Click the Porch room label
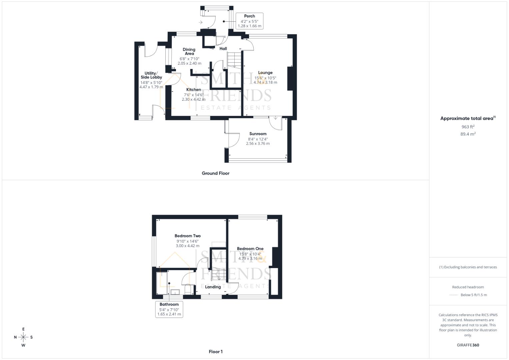click(249, 16)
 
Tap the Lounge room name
click(265, 73)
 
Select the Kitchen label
click(194, 90)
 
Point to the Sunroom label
click(258, 134)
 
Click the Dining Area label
click(189, 51)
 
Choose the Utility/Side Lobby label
click(151, 75)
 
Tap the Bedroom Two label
click(188, 236)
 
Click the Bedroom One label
click(250, 249)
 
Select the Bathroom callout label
click(169, 304)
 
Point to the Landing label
click(213, 287)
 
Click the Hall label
click(223, 49)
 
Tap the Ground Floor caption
click(216, 173)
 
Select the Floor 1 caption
click(216, 352)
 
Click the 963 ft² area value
click(468, 127)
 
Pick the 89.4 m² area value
click(468, 134)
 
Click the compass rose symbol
click(23, 337)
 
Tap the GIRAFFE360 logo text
click(468, 345)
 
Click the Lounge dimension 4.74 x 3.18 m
click(265, 82)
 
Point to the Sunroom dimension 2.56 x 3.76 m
click(258, 144)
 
